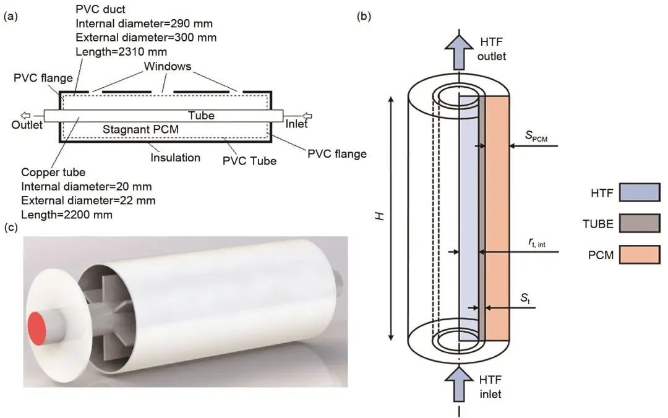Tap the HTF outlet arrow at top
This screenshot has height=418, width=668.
(459, 51)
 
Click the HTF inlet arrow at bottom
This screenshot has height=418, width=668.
(459, 384)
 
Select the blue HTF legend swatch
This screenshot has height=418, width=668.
(640, 192)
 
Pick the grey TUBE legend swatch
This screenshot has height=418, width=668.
(640, 223)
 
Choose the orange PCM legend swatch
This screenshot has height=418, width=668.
(640, 254)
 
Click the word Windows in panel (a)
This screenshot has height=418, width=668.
(168, 66)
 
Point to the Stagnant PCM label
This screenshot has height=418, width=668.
(140, 129)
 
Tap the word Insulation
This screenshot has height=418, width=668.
(175, 158)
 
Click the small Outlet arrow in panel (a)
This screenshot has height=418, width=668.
(26, 116)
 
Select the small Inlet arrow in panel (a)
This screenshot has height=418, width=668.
(307, 116)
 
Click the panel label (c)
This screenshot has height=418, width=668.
(11, 228)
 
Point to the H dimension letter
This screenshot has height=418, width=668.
(380, 216)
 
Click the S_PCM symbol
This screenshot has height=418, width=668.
(536, 137)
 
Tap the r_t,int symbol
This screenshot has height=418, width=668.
(537, 242)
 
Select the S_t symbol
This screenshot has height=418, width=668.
(526, 298)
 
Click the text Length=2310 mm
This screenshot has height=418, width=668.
(121, 52)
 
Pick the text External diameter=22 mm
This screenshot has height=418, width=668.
(88, 201)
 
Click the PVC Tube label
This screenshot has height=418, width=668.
(250, 161)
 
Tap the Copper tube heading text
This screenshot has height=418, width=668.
(53, 173)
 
